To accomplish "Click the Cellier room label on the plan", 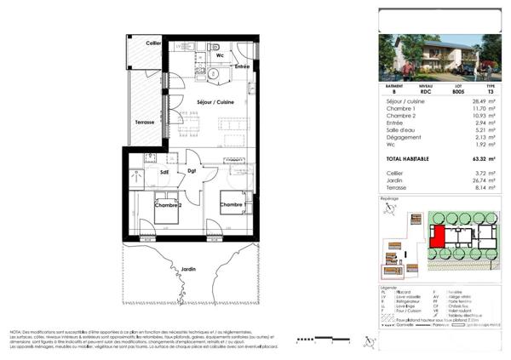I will tap(153, 43).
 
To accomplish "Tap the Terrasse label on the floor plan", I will tap(144, 123).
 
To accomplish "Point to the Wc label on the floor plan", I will tap(220, 56).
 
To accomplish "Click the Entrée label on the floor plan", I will tap(242, 66).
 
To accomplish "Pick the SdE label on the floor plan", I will tap(164, 172).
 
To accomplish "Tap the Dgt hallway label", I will tap(192, 172).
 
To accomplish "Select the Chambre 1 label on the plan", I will tap(233, 205).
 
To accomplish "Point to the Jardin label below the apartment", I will tap(188, 270).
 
